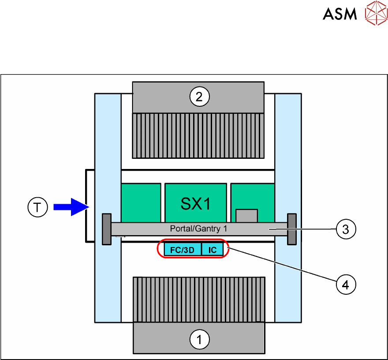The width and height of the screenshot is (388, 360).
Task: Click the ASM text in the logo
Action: coord(340,14)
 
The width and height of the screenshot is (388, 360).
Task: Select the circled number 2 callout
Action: coord(199,97)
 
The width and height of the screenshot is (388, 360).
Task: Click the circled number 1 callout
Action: coord(199,339)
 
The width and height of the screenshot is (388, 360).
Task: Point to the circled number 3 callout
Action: coord(346,229)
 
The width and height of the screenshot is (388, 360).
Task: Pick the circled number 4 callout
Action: coord(346,285)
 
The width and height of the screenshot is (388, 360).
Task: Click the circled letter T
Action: coord(37,207)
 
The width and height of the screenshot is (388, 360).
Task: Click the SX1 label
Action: coord(195,204)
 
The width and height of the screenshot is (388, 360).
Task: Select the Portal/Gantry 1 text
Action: coord(198,229)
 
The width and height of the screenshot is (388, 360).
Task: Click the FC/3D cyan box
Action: coord(183,249)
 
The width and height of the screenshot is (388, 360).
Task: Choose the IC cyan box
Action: coord(213,249)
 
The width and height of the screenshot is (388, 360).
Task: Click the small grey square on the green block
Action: coord(247,216)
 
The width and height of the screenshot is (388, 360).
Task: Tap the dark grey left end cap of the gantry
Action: coord(107,229)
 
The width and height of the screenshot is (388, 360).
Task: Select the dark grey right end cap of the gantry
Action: coord(292,229)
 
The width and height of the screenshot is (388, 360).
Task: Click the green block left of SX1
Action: coord(141,203)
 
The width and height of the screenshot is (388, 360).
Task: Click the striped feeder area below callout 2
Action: coord(198,136)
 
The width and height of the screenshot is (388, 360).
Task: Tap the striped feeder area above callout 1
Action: coord(199,300)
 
